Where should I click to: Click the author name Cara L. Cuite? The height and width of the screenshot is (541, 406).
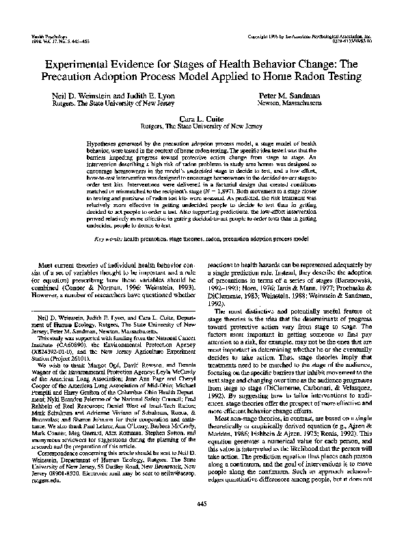point(203,118)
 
